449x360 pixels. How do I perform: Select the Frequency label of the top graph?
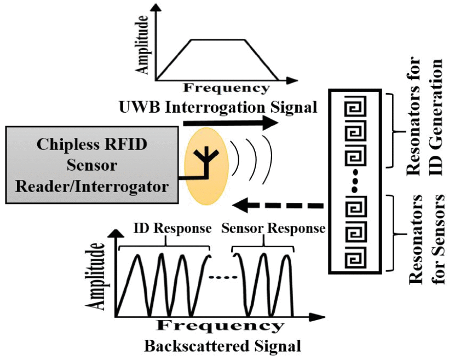click(x=226, y=88)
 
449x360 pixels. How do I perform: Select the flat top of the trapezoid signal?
click(x=217, y=39)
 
